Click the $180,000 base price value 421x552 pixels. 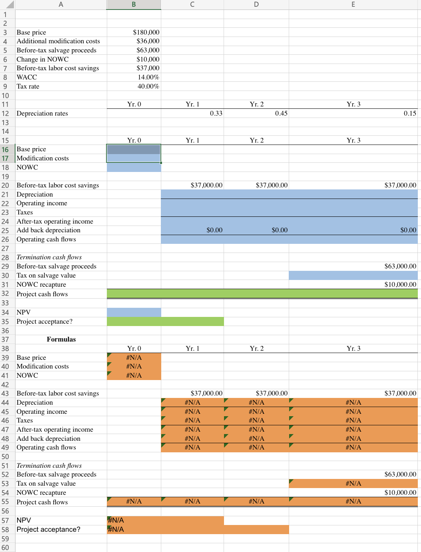tap(146, 32)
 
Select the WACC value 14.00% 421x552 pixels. tap(148, 77)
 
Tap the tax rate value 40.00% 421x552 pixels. tap(148, 86)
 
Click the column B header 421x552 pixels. tap(134, 4)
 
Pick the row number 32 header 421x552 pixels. tap(6, 293)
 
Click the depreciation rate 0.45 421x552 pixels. tap(281, 113)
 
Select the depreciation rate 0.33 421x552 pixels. tap(216, 113)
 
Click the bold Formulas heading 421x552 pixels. tap(61, 339)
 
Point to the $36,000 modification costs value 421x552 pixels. tap(148, 41)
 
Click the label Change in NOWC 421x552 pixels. tap(42, 59)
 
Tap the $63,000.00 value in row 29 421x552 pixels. tap(400, 266)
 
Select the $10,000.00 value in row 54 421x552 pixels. tap(400, 492)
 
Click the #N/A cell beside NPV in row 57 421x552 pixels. tap(116, 520)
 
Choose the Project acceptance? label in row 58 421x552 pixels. tap(48, 529)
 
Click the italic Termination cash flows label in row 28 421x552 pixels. tap(49, 257)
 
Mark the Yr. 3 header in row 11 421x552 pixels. tap(353, 104)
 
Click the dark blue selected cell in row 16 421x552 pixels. tap(134, 149)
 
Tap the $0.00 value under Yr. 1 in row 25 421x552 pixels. tap(214, 230)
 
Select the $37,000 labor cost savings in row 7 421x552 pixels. tap(148, 68)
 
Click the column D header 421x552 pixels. tap(256, 4)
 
